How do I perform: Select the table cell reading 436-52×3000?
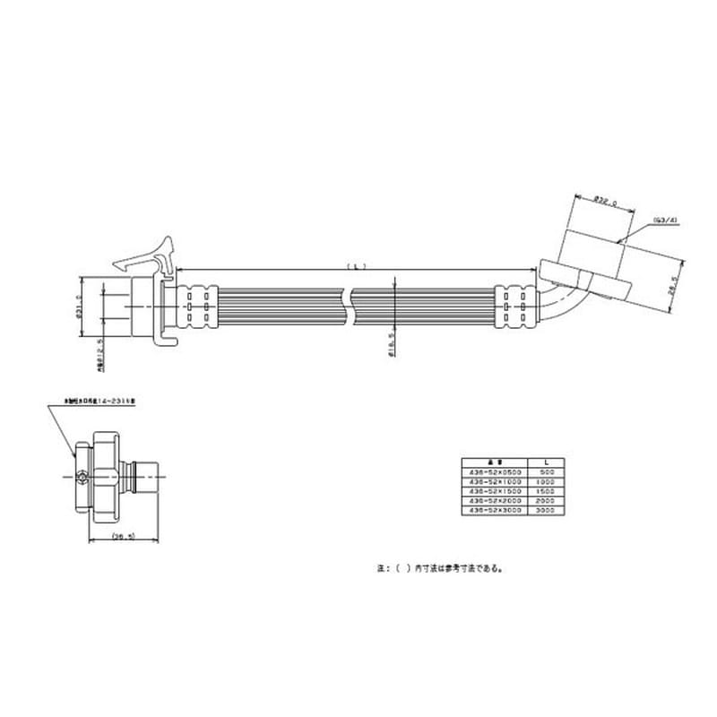pyautogui.click(x=496, y=509)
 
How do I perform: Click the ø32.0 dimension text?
pyautogui.click(x=607, y=202)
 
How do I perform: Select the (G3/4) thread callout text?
pyautogui.click(x=665, y=220)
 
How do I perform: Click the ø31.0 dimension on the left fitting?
pyautogui.click(x=79, y=306)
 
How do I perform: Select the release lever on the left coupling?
pyautogui.click(x=148, y=254)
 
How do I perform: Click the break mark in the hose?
pyautogui.click(x=350, y=306)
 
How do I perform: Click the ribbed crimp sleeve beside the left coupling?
pyautogui.click(x=198, y=306)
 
